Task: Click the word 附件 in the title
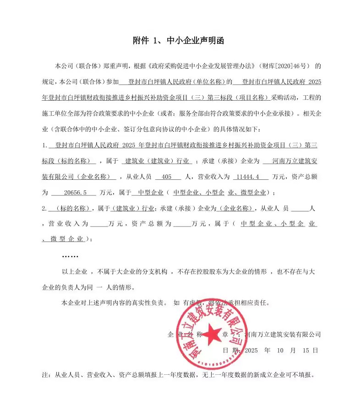pyautogui.click(x=141, y=41)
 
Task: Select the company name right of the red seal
pyautogui.click(x=283, y=334)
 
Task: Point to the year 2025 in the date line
pyautogui.click(x=252, y=350)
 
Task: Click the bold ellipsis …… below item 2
pyautogui.click(x=70, y=255)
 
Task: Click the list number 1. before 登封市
pyautogui.click(x=45, y=145)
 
